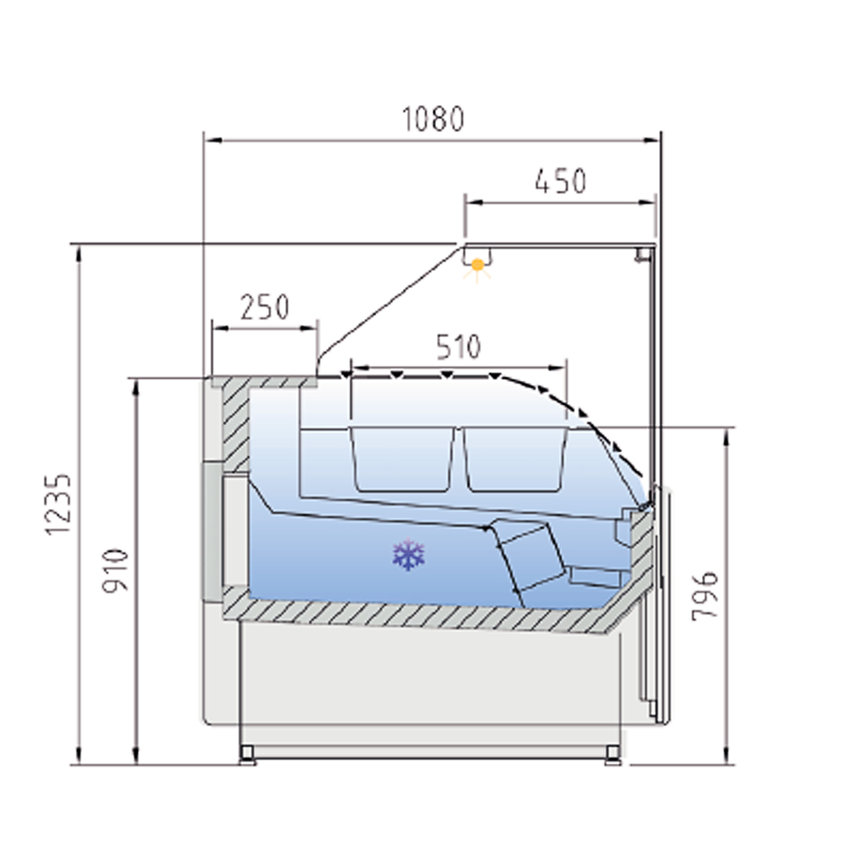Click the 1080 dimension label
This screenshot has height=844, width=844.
click(433, 119)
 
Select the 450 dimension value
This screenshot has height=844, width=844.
click(561, 181)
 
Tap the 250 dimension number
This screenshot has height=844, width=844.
click(264, 307)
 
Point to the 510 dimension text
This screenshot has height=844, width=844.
click(458, 347)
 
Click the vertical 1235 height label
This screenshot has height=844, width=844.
click(58, 505)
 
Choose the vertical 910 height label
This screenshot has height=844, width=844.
click(115, 570)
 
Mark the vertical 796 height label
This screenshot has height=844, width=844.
click(704, 595)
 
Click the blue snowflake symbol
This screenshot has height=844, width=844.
click(409, 554)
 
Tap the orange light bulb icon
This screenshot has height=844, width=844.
click(477, 266)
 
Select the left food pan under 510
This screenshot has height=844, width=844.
click(402, 460)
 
